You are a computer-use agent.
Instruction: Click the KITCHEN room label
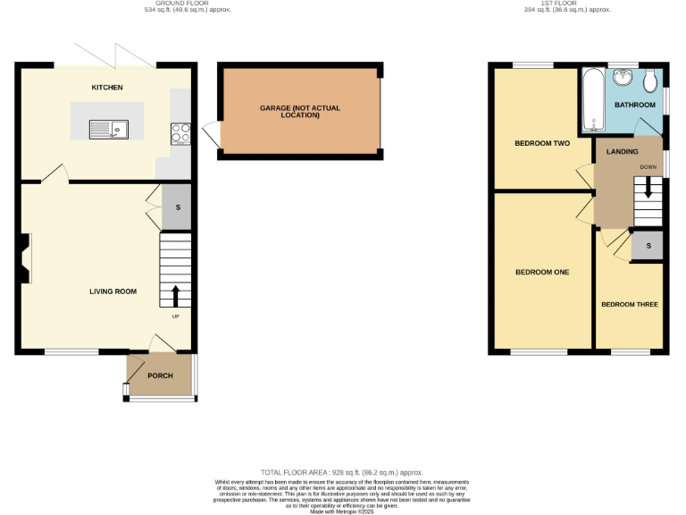[107, 87]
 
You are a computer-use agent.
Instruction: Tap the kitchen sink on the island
[108, 129]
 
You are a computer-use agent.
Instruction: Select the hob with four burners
[180, 133]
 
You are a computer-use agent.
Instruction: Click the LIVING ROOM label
[113, 291]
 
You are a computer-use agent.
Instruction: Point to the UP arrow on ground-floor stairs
[175, 295]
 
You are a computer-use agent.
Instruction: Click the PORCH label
[160, 376]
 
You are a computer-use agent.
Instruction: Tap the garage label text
[300, 112]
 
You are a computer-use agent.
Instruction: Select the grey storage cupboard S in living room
[177, 207]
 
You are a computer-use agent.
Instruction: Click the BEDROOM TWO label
[542, 143]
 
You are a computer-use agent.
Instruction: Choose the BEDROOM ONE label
[542, 272]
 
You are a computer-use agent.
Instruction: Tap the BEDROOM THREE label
[629, 304]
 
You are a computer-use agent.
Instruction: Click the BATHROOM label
[635, 106]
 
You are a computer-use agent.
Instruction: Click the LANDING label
[623, 152]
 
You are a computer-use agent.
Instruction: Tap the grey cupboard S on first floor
[648, 246]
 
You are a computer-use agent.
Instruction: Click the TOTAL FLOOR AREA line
[341, 472]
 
